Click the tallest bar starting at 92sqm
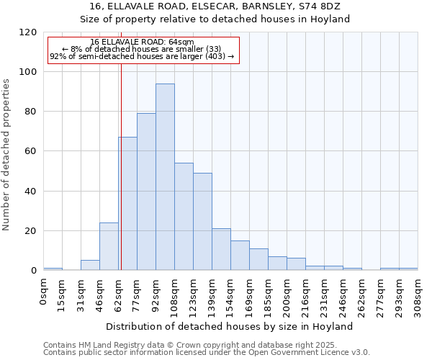pos(165,177)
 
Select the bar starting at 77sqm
pos(146,192)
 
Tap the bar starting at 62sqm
pos(128,204)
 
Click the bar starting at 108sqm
pos(184,217)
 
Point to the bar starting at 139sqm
pos(221,250)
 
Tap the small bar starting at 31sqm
pos(90,266)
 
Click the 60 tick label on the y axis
pos(32,152)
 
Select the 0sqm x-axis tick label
pos(44,291)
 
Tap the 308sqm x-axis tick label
pos(418,294)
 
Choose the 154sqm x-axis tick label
pos(231,294)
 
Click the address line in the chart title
pos(215,6)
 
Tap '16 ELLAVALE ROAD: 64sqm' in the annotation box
pos(143,42)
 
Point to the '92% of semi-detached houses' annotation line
pos(142,57)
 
